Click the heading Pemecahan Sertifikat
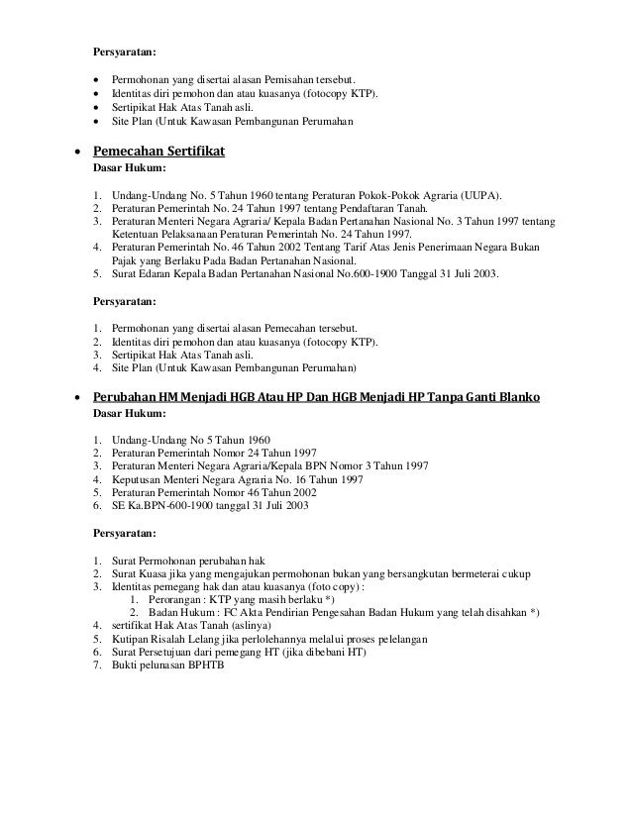point(159,152)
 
